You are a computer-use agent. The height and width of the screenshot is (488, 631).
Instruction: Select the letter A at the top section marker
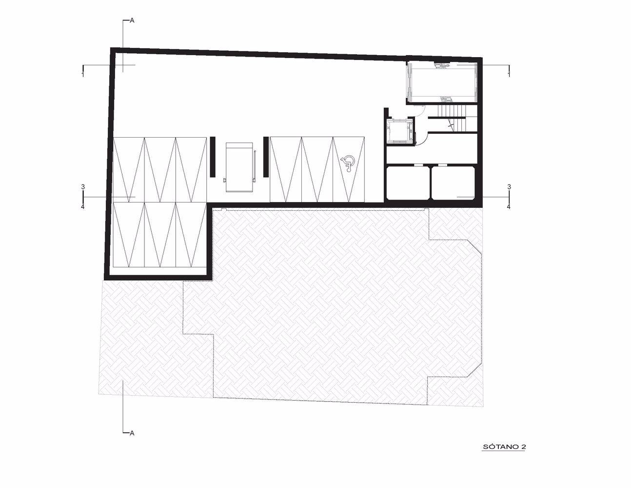[x=132, y=21]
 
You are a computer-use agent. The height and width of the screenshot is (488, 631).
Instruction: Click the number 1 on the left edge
[x=83, y=75]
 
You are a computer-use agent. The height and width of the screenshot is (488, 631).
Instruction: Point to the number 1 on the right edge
[x=509, y=75]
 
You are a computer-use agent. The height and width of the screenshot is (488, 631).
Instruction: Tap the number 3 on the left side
[x=83, y=187]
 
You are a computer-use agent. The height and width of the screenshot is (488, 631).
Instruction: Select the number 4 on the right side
[x=509, y=207]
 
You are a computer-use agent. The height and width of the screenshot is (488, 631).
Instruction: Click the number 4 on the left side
[x=83, y=207]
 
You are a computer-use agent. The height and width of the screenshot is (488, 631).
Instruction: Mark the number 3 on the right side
[x=509, y=187]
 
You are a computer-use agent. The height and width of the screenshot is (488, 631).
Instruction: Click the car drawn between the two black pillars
[x=239, y=167]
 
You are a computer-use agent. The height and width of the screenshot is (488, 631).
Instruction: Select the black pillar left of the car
[x=212, y=157]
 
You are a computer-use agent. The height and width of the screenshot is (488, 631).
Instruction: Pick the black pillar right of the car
[x=266, y=157]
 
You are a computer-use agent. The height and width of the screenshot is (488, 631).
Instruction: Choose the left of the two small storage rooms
[x=408, y=182]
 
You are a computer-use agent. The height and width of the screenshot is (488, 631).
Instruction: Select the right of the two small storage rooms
[x=454, y=182]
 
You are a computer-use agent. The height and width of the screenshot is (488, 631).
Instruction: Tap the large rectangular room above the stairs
[x=442, y=82]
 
